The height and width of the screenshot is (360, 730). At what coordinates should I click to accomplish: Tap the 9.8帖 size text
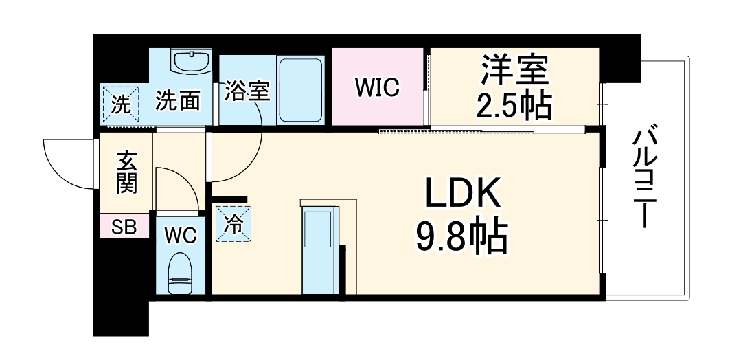point(461,237)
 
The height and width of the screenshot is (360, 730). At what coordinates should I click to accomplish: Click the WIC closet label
point(377,87)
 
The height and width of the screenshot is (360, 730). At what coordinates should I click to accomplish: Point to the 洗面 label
point(177,102)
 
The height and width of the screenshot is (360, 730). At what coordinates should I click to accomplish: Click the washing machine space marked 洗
point(120,105)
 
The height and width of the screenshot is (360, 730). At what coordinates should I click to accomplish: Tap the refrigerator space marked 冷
point(234,224)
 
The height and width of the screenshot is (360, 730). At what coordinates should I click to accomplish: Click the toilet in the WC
point(181,273)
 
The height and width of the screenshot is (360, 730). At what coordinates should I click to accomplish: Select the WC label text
point(180,235)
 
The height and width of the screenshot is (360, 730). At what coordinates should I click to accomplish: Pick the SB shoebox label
point(124,226)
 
